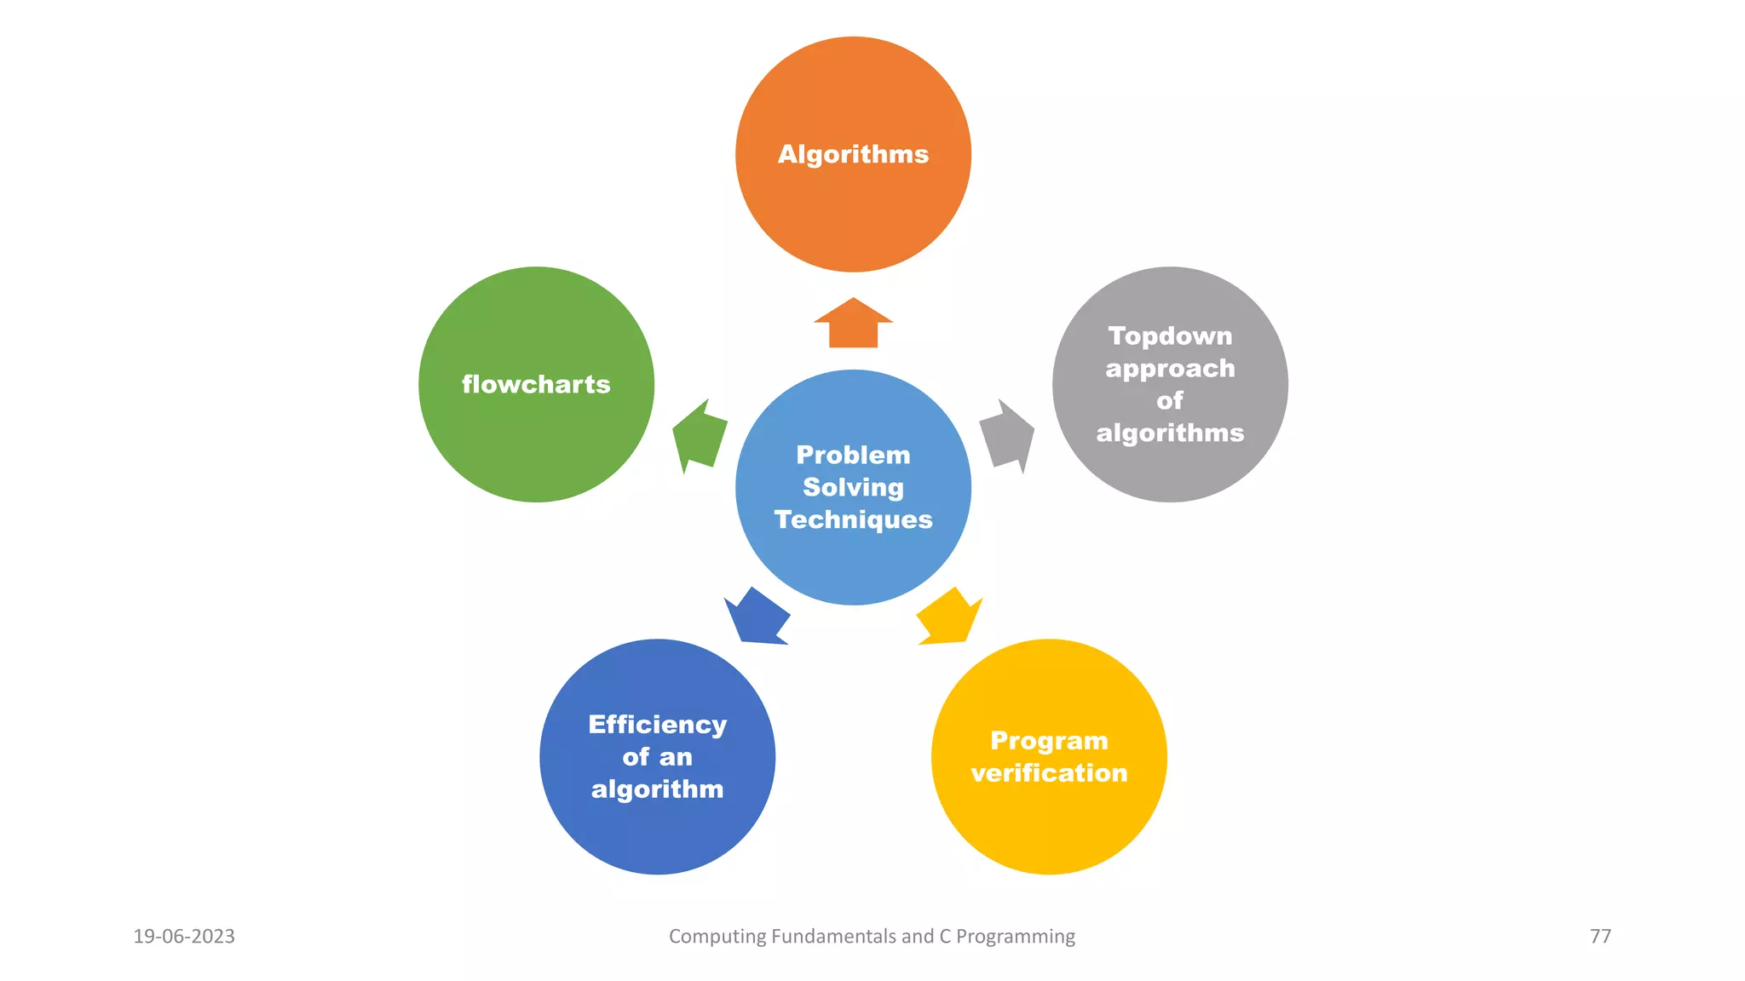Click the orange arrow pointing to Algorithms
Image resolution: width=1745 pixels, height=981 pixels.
pyautogui.click(x=853, y=324)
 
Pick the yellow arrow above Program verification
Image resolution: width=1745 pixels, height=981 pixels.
pyautogui.click(x=948, y=617)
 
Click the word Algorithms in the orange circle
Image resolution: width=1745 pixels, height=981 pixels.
pyautogui.click(x=853, y=154)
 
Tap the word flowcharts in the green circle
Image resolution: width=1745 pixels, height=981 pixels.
pyautogui.click(x=536, y=384)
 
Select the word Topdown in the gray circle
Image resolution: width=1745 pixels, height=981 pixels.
pyautogui.click(x=1170, y=336)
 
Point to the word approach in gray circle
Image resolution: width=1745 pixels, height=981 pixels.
pyautogui.click(x=1170, y=369)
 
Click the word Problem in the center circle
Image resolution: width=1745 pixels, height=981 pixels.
pyautogui.click(x=853, y=455)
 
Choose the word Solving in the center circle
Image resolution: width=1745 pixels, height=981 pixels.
pyautogui.click(x=853, y=487)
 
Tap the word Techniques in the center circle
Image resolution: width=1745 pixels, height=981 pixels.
pyautogui.click(x=853, y=519)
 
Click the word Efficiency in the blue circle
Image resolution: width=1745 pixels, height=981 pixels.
pyautogui.click(x=657, y=724)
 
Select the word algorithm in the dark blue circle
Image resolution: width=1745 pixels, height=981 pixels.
pyautogui.click(x=657, y=789)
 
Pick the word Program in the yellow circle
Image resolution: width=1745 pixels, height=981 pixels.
pyautogui.click(x=1049, y=741)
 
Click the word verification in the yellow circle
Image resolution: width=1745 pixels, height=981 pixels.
pyautogui.click(x=1049, y=773)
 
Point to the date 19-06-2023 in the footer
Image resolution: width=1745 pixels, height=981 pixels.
pyautogui.click(x=184, y=936)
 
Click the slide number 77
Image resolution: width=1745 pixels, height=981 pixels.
pyautogui.click(x=1600, y=936)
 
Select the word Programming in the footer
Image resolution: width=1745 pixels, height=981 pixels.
pyautogui.click(x=1015, y=937)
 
